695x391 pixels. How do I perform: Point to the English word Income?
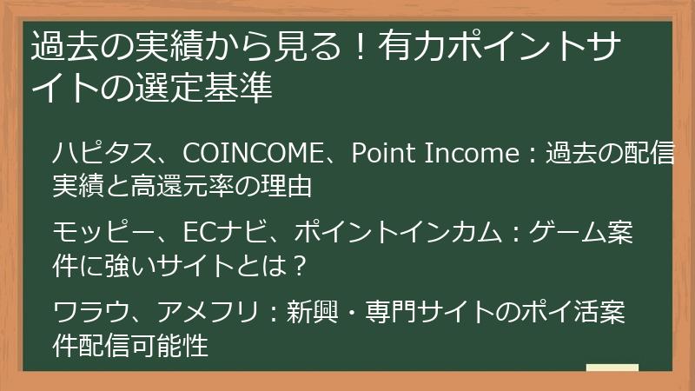click(469, 154)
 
